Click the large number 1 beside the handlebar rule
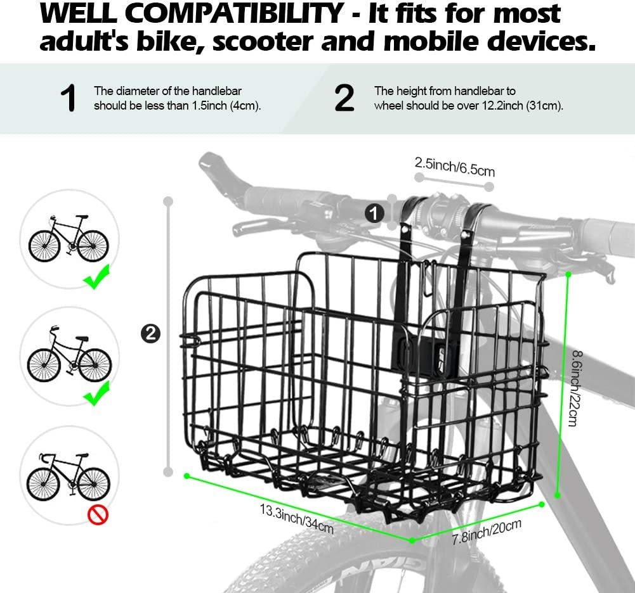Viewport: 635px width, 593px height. [x=68, y=99]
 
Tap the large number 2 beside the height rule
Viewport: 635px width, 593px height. [x=344, y=99]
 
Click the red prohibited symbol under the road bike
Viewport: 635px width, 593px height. [x=98, y=515]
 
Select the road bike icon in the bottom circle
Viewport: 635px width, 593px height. [x=69, y=476]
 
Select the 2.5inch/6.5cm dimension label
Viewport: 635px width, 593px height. [x=454, y=167]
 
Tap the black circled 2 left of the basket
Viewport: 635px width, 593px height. [x=150, y=333]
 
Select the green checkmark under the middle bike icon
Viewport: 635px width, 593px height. [x=98, y=396]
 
